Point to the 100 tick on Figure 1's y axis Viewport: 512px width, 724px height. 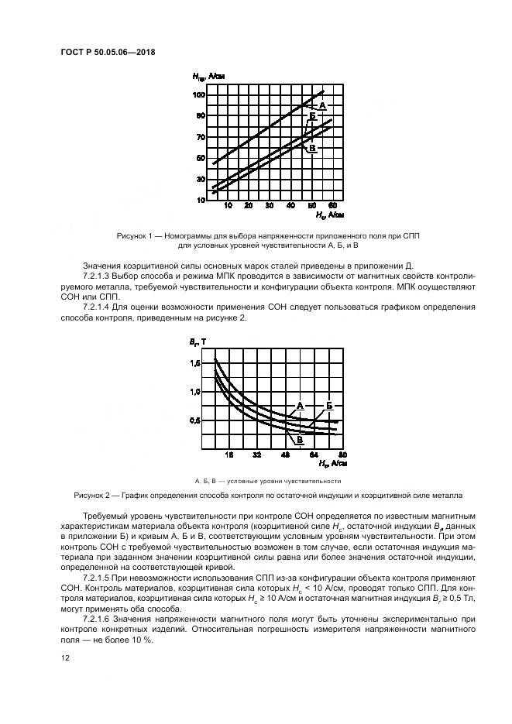[x=199, y=94]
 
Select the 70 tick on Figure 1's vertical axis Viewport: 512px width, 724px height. [x=201, y=137]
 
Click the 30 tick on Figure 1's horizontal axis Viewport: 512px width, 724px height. [x=270, y=206]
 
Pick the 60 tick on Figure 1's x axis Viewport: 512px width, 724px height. [x=332, y=206]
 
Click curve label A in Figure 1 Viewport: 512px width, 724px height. [x=321, y=105]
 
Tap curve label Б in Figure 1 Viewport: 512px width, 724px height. [x=312, y=116]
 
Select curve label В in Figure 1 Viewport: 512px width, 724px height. [x=312, y=147]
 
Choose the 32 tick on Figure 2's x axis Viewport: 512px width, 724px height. [x=256, y=455]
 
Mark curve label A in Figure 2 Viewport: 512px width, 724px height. [x=299, y=405]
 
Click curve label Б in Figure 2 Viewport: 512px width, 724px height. [x=329, y=405]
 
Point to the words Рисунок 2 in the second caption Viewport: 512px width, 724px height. [x=93, y=494]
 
